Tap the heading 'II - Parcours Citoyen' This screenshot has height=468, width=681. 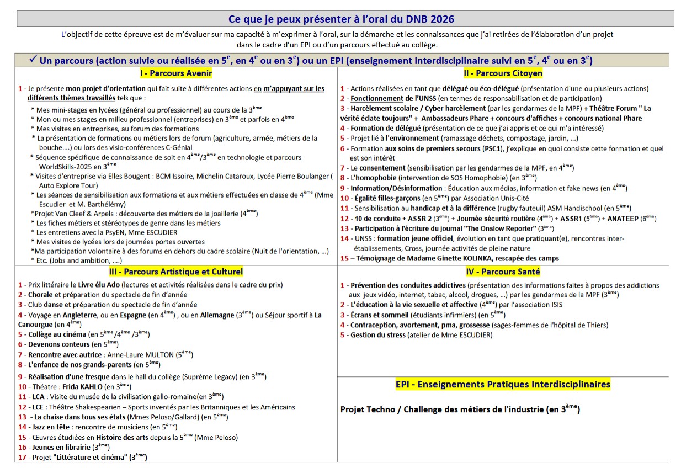pyautogui.click(x=503, y=73)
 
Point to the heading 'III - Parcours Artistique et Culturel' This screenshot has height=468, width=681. pyautogui.click(x=175, y=272)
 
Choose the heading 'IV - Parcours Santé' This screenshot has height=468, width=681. pyautogui.click(x=503, y=272)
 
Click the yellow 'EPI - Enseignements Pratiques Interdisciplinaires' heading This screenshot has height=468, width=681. pyautogui.click(x=503, y=384)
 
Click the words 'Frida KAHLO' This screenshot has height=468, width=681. pyautogui.click(x=82, y=387)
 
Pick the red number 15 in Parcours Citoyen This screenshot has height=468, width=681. pyautogui.click(x=344, y=258)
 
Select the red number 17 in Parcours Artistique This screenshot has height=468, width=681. pyautogui.click(x=22, y=457)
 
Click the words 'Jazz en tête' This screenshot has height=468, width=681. pyautogui.click(x=50, y=427)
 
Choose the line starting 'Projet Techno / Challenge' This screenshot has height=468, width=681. pyautogui.click(x=460, y=410)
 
